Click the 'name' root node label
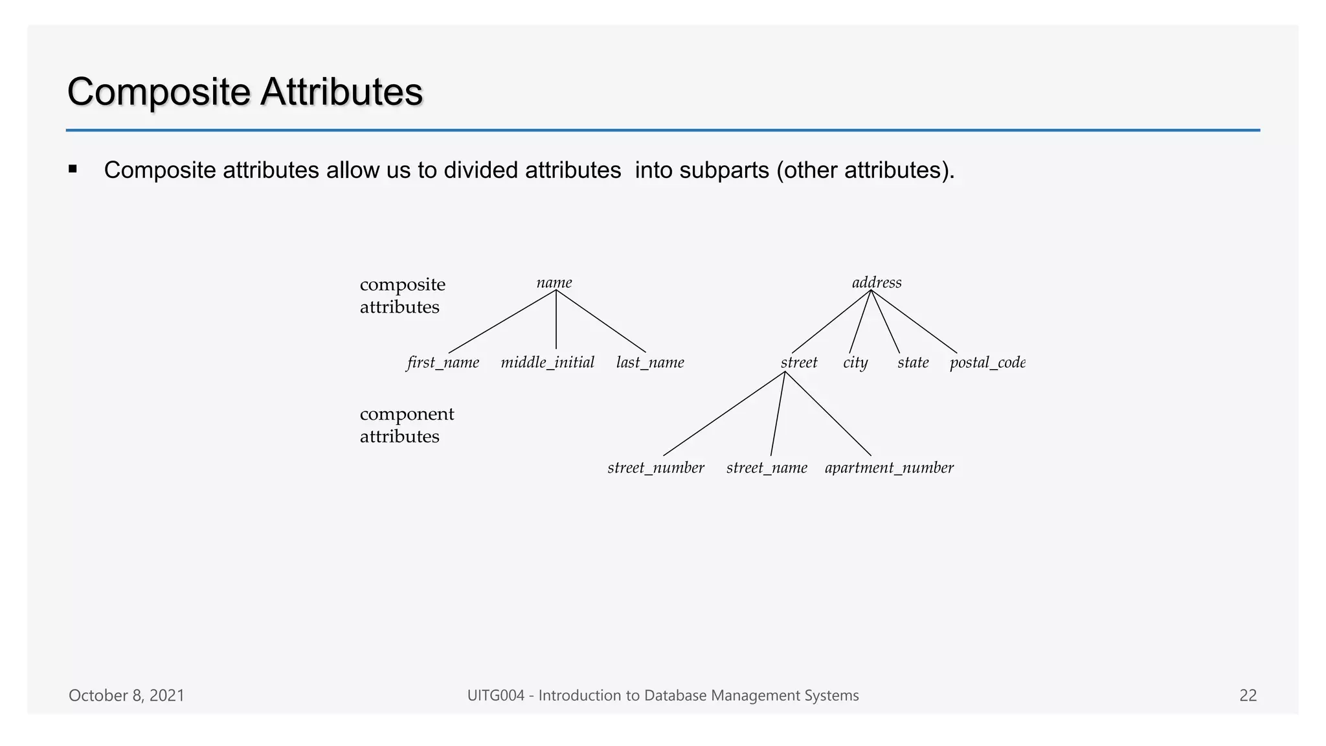pyautogui.click(x=554, y=283)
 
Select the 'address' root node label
pyautogui.click(x=877, y=283)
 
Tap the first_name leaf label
pyautogui.click(x=443, y=363)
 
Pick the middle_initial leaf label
pyautogui.click(x=548, y=363)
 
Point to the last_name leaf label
pyautogui.click(x=650, y=363)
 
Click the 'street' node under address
pyautogui.click(x=799, y=363)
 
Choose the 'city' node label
pyautogui.click(x=855, y=363)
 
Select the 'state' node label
pyautogui.click(x=913, y=363)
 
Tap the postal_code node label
pyautogui.click(x=987, y=363)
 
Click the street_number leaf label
pyautogui.click(x=656, y=468)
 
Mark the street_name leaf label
pyautogui.click(x=767, y=468)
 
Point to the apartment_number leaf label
pyautogui.click(x=889, y=468)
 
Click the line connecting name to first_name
pyautogui.click(x=502, y=321)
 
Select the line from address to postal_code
pyautogui.click(x=914, y=321)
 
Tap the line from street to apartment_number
pyautogui.click(x=828, y=414)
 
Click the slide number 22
pyautogui.click(x=1248, y=695)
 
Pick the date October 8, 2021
pyautogui.click(x=127, y=695)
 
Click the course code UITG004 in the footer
pyautogui.click(x=495, y=695)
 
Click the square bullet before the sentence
pyautogui.click(x=73, y=170)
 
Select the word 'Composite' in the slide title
pyautogui.click(x=159, y=92)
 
